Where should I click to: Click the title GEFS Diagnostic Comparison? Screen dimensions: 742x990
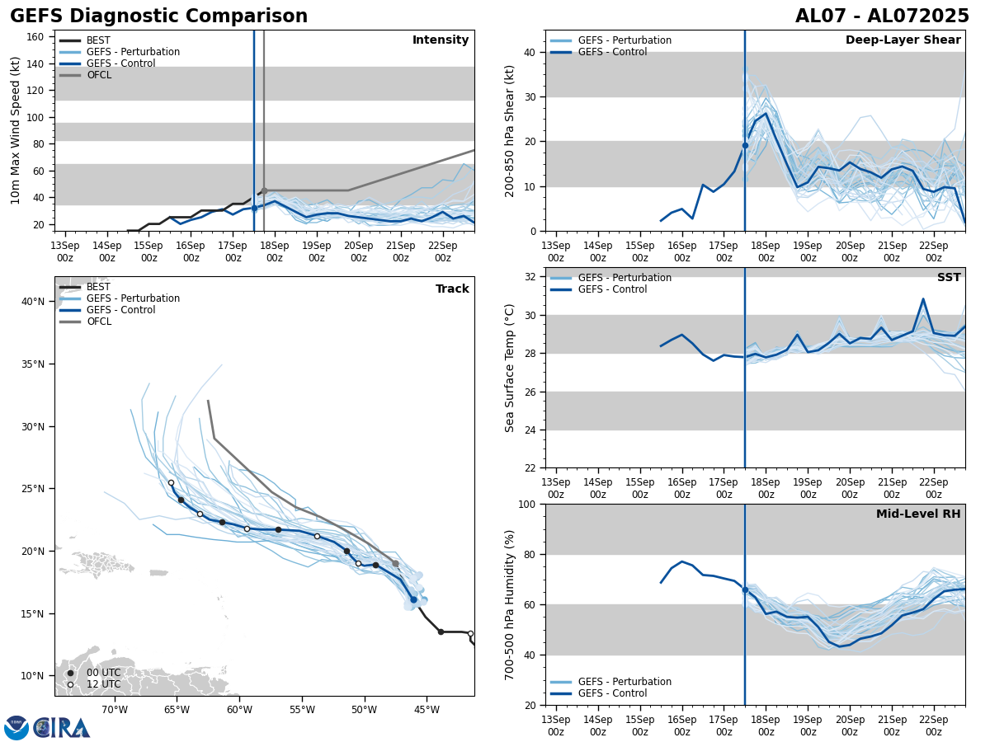[x=158, y=16]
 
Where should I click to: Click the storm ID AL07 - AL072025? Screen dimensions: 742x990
[x=882, y=16]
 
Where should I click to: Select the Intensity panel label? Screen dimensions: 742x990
[x=441, y=40]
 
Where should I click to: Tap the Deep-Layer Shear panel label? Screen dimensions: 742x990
[x=903, y=40]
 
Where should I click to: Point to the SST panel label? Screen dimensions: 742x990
[x=949, y=278]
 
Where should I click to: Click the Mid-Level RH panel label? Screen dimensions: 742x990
[x=918, y=514]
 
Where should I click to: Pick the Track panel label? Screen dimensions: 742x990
[x=452, y=289]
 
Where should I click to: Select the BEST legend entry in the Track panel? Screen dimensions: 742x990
[x=97, y=287]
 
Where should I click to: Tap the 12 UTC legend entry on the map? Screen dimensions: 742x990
[x=103, y=684]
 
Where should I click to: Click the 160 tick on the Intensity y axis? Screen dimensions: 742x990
[x=35, y=37]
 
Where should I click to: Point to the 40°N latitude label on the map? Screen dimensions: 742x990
[x=33, y=302]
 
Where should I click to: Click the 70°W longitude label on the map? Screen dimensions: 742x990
[x=115, y=710]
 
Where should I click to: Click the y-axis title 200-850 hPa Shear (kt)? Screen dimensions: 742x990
[x=511, y=130]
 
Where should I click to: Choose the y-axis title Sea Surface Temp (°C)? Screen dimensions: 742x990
[x=511, y=368]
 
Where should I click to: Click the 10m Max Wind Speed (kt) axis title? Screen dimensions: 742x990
[x=16, y=130]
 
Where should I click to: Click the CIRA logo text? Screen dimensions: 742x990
[x=62, y=728]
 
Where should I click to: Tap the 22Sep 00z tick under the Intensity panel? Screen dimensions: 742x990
[x=443, y=251]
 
